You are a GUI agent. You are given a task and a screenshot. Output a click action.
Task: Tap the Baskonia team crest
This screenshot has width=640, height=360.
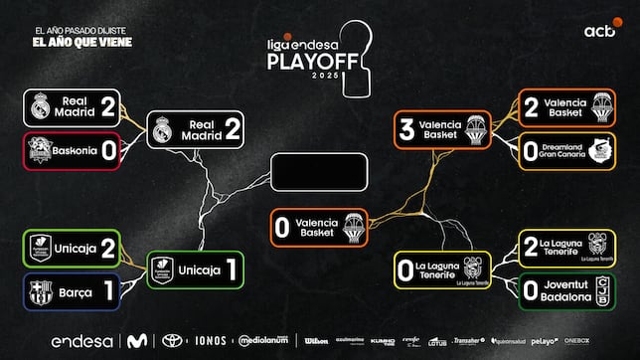coord(41,152)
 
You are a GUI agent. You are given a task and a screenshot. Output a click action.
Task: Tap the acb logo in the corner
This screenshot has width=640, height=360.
coord(599,34)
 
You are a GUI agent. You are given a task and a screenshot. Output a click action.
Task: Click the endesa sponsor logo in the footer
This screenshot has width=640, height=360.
coord(81,341)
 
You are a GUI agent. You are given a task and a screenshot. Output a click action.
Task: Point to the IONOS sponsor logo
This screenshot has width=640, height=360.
coord(211,341)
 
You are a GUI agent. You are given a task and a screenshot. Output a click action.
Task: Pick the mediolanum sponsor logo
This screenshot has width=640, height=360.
coord(263,341)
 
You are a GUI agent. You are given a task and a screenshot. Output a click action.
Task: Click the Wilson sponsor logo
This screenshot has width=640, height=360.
coord(316,341)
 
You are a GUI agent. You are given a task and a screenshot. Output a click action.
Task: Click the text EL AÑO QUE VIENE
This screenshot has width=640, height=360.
coord(81,43)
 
